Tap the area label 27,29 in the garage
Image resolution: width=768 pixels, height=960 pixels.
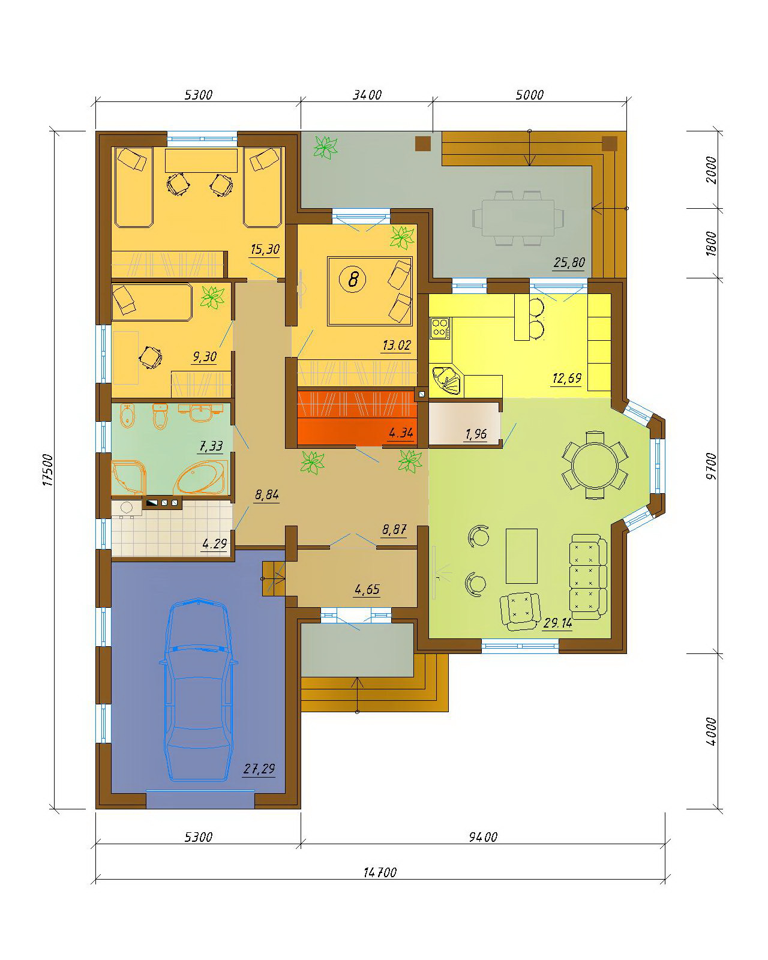[x=259, y=769]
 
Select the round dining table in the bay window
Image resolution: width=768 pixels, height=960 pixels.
[x=595, y=464]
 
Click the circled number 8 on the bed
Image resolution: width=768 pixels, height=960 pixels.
[x=353, y=280]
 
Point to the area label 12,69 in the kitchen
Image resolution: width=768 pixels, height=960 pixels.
[x=566, y=378]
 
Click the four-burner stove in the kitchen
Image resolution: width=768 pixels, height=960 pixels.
[x=440, y=327]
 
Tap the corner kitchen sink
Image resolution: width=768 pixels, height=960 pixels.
[x=447, y=380]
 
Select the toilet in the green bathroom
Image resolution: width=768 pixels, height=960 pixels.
[x=160, y=416]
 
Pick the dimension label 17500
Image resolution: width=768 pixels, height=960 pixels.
[x=48, y=470]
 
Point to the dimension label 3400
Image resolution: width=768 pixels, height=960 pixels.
[x=367, y=95]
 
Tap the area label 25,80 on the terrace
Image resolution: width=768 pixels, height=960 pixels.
[x=569, y=262]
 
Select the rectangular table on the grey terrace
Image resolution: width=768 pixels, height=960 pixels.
[x=518, y=218]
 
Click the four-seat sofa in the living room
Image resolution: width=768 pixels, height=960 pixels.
[x=589, y=577]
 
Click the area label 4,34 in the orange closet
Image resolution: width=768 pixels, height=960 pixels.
[x=401, y=432]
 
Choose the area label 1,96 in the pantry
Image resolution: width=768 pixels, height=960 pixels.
[x=476, y=434]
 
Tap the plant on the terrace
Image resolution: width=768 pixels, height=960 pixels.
[x=325, y=148]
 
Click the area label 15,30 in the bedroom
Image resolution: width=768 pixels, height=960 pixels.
[x=265, y=249]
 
